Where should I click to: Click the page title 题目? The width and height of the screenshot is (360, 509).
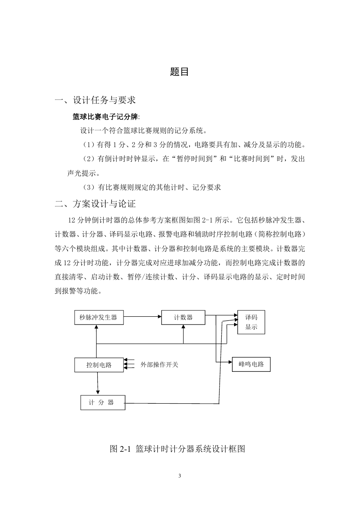(179, 72)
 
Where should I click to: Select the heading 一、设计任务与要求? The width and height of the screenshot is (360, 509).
(95, 100)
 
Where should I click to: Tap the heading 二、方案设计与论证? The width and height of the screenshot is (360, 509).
(95, 204)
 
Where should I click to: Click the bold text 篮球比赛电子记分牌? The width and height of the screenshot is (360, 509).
(105, 117)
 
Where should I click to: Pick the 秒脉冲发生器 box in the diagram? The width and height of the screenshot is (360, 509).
(99, 318)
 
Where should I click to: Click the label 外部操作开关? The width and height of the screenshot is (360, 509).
(159, 365)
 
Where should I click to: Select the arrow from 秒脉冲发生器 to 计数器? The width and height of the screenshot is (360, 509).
(143, 317)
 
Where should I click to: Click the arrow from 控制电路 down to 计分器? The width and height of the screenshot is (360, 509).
(98, 383)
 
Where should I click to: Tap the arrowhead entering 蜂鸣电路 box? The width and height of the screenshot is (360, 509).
(230, 362)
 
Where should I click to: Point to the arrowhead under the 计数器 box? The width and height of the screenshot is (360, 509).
(183, 327)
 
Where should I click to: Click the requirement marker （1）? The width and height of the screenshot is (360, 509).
(88, 145)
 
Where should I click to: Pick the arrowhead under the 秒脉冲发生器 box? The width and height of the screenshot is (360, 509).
(96, 327)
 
